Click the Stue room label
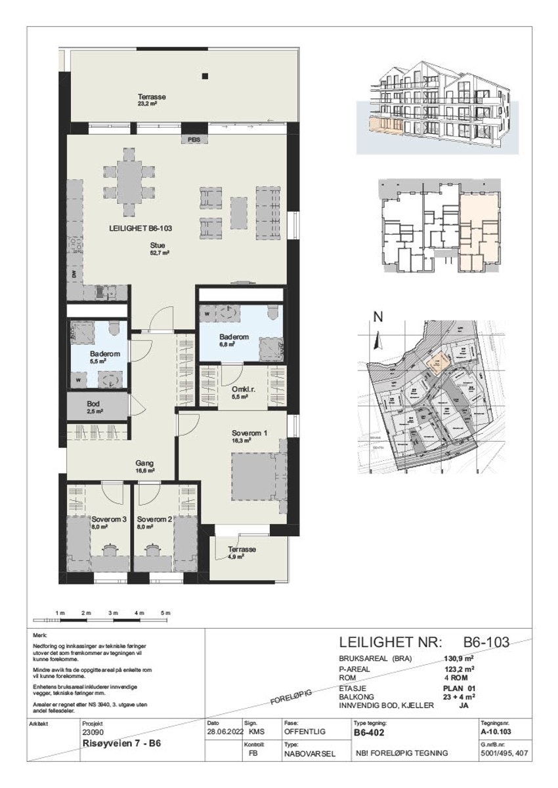(156, 246)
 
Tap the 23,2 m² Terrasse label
(152, 97)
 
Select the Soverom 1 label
(250, 434)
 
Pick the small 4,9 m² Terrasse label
(242, 549)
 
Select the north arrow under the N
(377, 340)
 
